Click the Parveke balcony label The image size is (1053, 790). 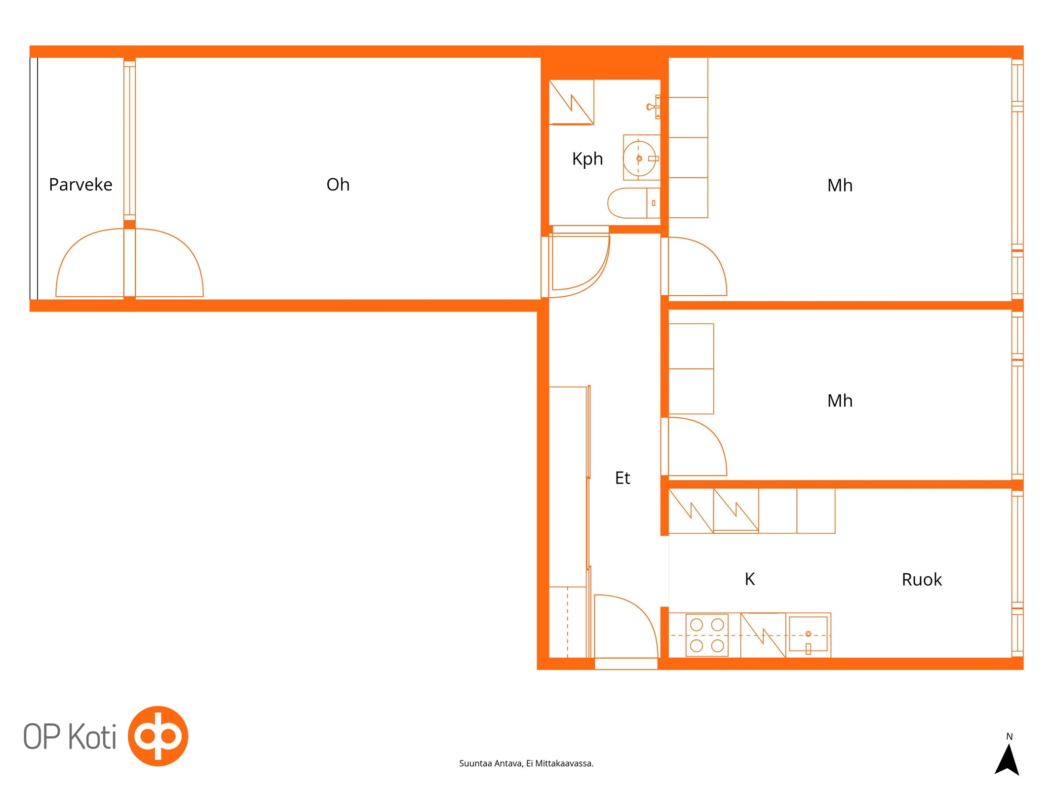click(x=80, y=184)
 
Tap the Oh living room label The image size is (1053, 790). click(x=338, y=184)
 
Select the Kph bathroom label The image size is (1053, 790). click(x=587, y=159)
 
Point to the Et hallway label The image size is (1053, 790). click(x=622, y=477)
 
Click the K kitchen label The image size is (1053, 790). click(x=749, y=579)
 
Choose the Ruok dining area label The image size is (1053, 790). click(x=921, y=579)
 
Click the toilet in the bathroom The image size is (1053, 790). click(x=633, y=203)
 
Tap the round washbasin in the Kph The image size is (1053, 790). click(x=639, y=158)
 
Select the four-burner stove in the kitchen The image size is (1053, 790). click(x=706, y=635)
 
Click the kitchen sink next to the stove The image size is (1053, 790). click(x=808, y=634)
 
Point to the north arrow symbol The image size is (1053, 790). click(x=1007, y=759)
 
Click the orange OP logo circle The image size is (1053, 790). click(x=157, y=736)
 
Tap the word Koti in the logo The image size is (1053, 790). click(x=92, y=736)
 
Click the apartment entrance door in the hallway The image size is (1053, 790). click(x=626, y=627)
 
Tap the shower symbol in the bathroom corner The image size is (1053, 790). click(x=571, y=102)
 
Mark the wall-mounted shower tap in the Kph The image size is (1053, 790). click(x=654, y=107)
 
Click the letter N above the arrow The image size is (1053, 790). click(x=1009, y=736)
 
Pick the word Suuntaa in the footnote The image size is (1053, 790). click(x=475, y=763)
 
